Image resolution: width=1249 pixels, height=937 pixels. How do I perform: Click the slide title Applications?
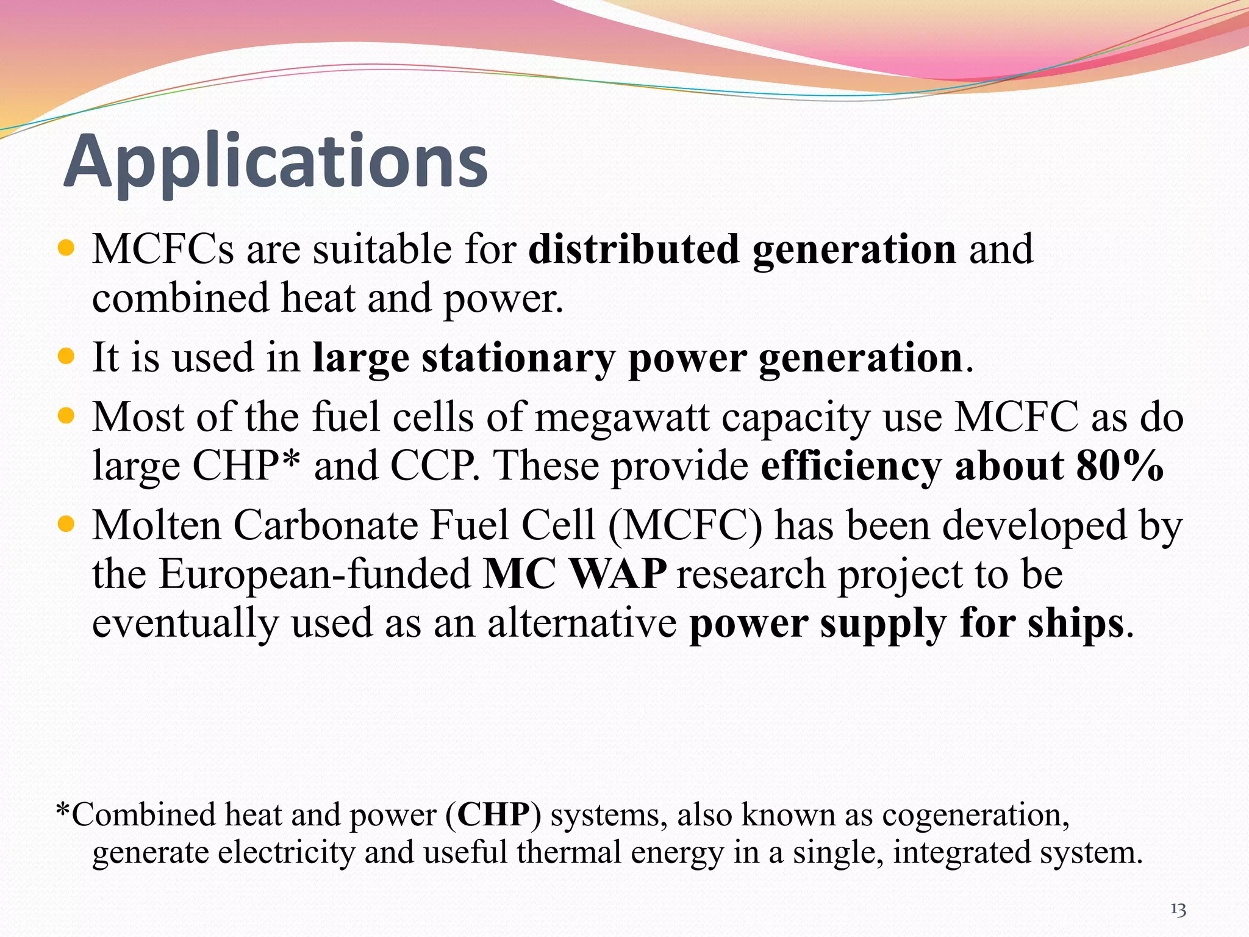point(276,162)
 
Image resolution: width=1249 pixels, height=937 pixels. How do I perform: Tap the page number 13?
point(1178,910)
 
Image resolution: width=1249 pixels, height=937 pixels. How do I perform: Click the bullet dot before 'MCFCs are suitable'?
point(65,248)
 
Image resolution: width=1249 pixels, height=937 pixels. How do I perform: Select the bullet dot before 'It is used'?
point(65,356)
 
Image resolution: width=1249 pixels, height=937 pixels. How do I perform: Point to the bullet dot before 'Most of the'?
point(65,417)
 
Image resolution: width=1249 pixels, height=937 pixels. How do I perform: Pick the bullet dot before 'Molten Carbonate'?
point(65,524)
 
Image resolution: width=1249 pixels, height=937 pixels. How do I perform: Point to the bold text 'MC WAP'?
point(574,574)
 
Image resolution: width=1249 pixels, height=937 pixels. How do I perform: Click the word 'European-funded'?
point(315,574)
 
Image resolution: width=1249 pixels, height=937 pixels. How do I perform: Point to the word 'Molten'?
point(157,525)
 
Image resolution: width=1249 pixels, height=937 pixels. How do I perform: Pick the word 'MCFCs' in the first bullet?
point(163,250)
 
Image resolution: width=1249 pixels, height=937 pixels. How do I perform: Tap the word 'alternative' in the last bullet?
point(581,623)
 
